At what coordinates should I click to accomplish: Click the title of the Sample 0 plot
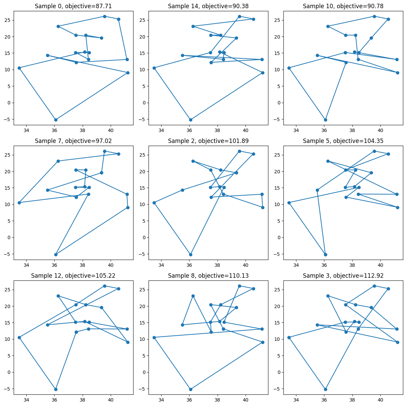point(73,6)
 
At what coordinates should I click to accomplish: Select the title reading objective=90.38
point(208,6)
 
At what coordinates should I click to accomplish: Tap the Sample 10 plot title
point(343,6)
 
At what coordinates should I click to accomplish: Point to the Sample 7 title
point(73,141)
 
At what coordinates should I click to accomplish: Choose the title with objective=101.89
point(208,141)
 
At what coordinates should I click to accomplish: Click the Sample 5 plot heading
point(343,141)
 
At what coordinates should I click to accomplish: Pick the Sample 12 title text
point(73,276)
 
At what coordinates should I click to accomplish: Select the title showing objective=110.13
point(208,276)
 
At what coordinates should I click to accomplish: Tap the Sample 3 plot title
point(343,276)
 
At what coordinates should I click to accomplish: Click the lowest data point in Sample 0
point(56,120)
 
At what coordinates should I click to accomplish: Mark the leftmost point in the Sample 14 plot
point(154,68)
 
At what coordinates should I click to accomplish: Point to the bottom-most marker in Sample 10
point(325,120)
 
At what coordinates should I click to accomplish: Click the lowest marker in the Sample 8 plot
point(191,389)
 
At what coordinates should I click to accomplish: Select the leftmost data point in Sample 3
point(289,337)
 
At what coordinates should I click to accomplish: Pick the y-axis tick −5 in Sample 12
point(7,389)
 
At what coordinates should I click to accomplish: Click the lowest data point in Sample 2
point(191,255)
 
